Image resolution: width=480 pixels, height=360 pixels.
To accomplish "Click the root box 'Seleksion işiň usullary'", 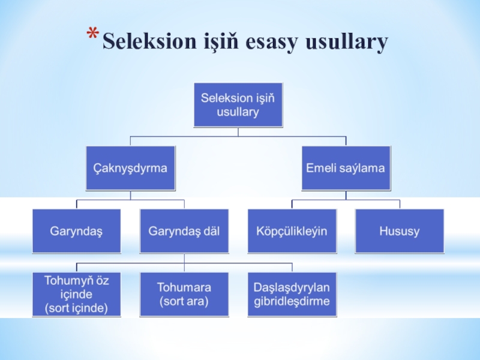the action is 238,104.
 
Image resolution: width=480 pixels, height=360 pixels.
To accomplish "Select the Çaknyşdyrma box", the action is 130,168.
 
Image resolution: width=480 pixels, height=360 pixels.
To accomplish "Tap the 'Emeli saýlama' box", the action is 346,168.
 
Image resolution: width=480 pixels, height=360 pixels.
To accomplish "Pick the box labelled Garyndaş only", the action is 76,231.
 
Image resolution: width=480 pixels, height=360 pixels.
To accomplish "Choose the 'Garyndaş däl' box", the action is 184,231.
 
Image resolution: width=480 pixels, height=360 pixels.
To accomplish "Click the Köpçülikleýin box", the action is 292,231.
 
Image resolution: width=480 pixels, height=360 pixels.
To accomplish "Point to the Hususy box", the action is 399,231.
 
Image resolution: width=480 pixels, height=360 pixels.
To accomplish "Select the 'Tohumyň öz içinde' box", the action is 76,294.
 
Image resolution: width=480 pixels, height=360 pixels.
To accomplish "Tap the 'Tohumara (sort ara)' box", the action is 184,294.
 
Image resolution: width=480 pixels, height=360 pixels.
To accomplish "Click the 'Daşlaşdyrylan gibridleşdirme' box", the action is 292,294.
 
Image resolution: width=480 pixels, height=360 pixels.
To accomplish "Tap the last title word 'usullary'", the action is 347,42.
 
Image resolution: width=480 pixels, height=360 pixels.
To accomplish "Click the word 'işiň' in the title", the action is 217,42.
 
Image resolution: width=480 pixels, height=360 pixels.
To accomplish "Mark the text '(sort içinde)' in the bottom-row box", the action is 76,308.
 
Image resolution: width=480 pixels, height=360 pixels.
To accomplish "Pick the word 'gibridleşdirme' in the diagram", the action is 292,301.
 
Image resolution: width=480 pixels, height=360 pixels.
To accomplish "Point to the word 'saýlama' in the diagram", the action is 362,168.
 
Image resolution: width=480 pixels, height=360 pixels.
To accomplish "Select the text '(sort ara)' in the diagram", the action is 184,301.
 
